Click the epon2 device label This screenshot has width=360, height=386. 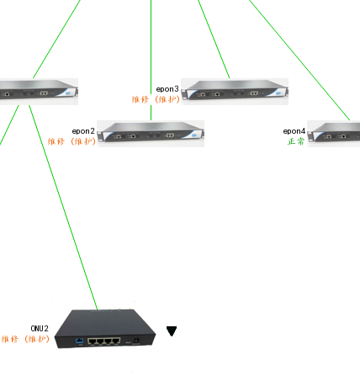click(x=83, y=131)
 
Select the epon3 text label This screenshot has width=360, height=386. click(x=167, y=89)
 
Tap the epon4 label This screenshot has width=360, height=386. click(x=294, y=131)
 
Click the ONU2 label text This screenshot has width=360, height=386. click(x=40, y=329)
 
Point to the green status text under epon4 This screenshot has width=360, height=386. click(x=296, y=141)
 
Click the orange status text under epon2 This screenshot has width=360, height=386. click(x=71, y=141)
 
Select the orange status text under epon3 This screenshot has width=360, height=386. click(x=156, y=99)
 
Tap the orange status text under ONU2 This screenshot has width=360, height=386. click(x=25, y=339)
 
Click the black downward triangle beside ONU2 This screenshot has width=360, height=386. click(x=172, y=330)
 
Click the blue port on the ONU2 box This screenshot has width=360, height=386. click(x=80, y=341)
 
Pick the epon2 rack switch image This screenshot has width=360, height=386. click(x=151, y=134)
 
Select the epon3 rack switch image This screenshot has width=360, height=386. click(x=235, y=92)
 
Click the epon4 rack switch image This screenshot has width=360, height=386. click(x=334, y=134)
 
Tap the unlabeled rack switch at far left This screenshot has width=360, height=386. click(x=39, y=92)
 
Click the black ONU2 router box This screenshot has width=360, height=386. click(x=105, y=329)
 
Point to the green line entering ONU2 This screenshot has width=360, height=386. click(x=63, y=208)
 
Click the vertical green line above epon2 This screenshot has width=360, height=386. click(x=151, y=61)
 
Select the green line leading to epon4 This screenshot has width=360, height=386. click(x=299, y=61)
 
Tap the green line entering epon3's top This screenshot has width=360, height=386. click(x=214, y=40)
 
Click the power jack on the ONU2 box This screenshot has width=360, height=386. click(x=136, y=341)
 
